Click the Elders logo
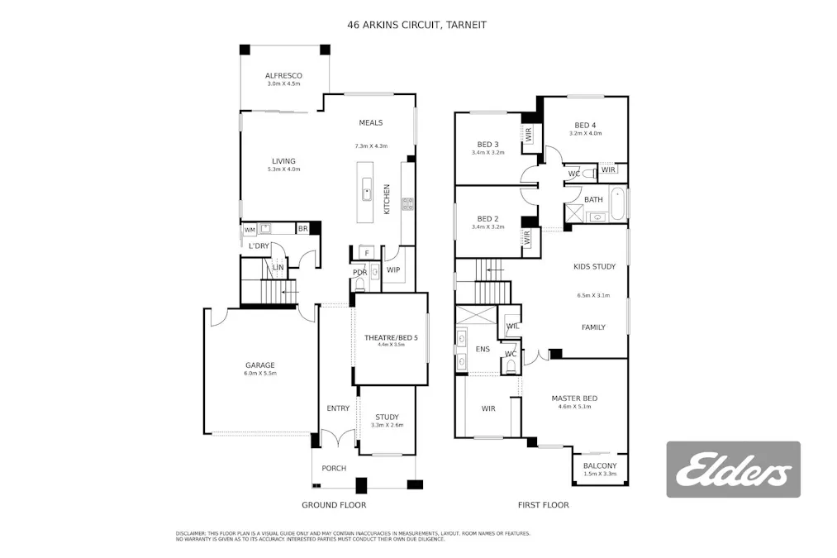[733, 470]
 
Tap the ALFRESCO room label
[283, 75]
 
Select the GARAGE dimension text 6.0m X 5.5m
[259, 374]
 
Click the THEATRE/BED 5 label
[391, 337]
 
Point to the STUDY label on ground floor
[387, 417]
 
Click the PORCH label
[334, 469]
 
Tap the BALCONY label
[600, 465]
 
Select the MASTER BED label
[574, 398]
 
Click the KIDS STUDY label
[594, 266]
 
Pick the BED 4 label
[585, 125]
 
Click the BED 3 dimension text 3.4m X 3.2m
[487, 152]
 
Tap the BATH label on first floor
[593, 199]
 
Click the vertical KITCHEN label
[386, 199]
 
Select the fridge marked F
[366, 253]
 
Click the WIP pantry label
[393, 269]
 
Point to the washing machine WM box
[250, 230]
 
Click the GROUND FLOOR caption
[334, 504]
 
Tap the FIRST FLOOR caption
[543, 504]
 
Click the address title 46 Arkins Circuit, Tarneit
[416, 25]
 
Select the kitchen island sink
[366, 195]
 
